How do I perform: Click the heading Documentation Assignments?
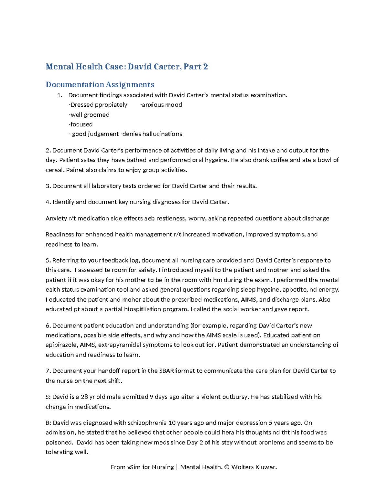[x=100, y=84]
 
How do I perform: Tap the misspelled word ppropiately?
[x=111, y=105]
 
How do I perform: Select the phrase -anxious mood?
[x=161, y=105]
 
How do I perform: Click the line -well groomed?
[x=89, y=115]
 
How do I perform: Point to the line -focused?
[x=81, y=124]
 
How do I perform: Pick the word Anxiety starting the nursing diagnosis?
[x=56, y=219]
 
